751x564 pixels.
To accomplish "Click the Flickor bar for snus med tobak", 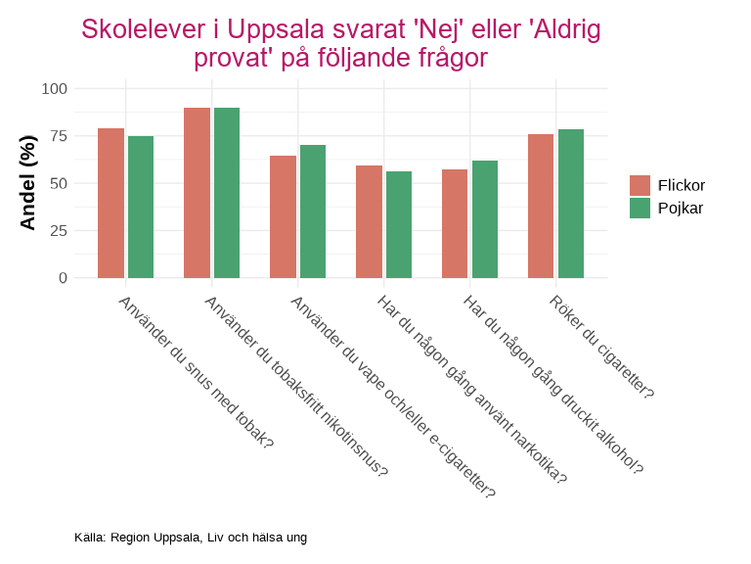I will pos(110,203).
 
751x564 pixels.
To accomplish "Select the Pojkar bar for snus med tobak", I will pos(141,207).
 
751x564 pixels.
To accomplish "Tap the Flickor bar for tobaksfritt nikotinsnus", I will pos(197,193).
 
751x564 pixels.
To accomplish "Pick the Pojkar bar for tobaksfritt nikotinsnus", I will pos(227,193).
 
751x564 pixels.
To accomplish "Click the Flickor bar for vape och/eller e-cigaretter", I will pos(283,216).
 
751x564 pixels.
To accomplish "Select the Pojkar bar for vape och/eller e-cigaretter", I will pos(313,211).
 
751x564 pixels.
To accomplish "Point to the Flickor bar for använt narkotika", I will pos(369,221).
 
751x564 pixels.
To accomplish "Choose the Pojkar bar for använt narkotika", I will pos(399,224).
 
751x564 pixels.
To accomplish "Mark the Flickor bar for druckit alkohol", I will pos(455,223).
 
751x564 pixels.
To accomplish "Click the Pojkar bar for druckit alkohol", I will pos(485,219).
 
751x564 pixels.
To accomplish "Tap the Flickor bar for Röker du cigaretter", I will pos(541,206).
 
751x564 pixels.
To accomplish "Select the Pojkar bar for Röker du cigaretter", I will pos(571,204).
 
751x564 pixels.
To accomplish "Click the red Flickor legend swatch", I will pos(641,186).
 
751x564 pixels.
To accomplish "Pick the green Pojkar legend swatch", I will pos(641,208).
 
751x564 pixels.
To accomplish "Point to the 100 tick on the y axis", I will pos(54,89).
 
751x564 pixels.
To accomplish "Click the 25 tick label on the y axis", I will pos(58,231).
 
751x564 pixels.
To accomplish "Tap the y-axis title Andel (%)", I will pos(27,183).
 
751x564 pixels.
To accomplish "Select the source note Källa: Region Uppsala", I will pos(191,538).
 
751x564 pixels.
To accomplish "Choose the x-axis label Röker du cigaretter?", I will pos(600,347).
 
